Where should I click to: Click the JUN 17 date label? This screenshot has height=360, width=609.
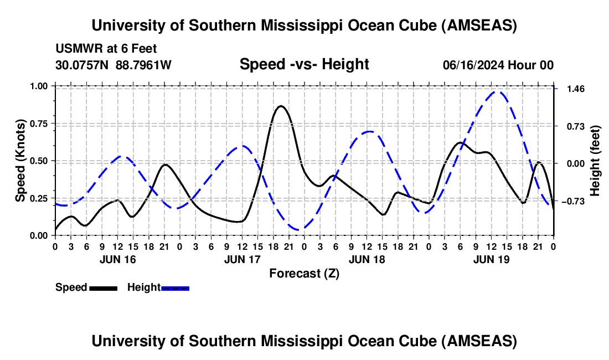click(x=242, y=259)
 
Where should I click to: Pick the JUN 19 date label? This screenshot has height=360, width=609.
click(x=492, y=259)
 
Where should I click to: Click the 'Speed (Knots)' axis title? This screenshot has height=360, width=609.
click(x=20, y=161)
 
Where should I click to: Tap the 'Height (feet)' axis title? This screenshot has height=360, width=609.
click(x=595, y=161)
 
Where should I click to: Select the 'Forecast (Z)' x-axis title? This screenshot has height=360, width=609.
click(x=304, y=273)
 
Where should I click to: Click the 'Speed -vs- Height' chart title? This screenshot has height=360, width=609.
click(x=304, y=64)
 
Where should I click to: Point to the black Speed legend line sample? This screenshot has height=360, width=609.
click(x=102, y=288)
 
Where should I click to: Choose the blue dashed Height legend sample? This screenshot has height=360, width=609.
click(x=175, y=288)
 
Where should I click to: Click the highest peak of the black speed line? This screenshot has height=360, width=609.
click(x=281, y=106)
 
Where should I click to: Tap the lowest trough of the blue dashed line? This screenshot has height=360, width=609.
click(x=299, y=229)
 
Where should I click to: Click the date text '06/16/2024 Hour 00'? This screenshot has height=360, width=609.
click(x=498, y=65)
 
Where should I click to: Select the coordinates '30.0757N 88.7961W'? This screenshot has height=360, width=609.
click(x=113, y=65)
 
